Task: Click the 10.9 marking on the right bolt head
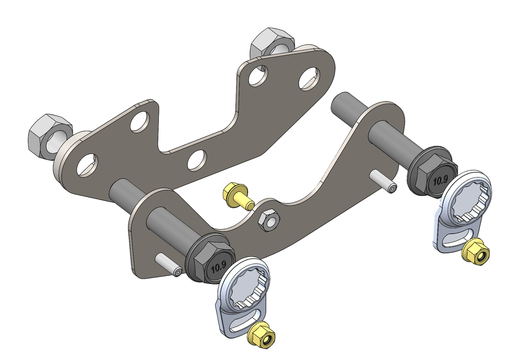440,180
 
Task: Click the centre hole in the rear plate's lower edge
197,160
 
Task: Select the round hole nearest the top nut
258,75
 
